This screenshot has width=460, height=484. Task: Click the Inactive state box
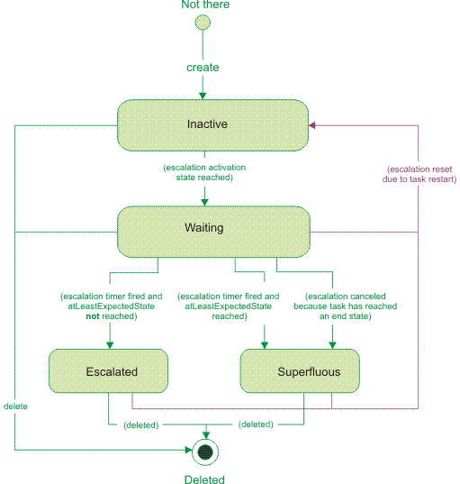[x=212, y=123]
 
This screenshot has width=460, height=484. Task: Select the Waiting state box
[x=212, y=228]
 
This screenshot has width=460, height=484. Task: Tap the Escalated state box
[x=108, y=370]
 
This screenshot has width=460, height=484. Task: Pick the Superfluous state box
[x=301, y=370]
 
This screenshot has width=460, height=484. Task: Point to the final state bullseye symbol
[x=205, y=451]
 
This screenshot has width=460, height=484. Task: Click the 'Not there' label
[x=204, y=5]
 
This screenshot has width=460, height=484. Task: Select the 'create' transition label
[x=203, y=68]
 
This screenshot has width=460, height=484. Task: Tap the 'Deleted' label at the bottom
[x=204, y=479]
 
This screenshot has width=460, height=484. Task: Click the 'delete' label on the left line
[x=15, y=406]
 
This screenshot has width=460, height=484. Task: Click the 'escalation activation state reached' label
[x=203, y=172]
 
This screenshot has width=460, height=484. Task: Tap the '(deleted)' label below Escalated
[x=141, y=424]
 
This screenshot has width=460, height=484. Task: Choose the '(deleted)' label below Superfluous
[x=257, y=424]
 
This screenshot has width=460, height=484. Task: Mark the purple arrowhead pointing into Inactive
[x=314, y=124]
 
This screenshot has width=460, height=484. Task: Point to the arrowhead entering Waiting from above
[x=204, y=202]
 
